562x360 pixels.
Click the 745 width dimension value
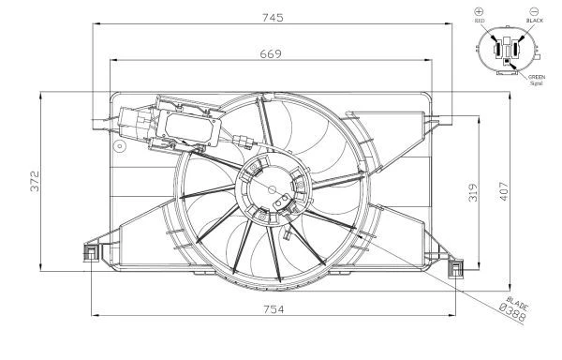(x=273, y=17)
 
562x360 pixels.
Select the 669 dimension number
(x=271, y=53)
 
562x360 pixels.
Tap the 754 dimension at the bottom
(x=274, y=309)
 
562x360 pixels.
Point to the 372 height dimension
(x=36, y=181)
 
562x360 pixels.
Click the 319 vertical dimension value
(x=473, y=192)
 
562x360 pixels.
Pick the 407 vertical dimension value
(x=504, y=191)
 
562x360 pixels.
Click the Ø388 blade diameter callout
(x=513, y=312)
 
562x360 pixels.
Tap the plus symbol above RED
(x=479, y=11)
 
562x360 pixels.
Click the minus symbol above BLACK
(x=534, y=11)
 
